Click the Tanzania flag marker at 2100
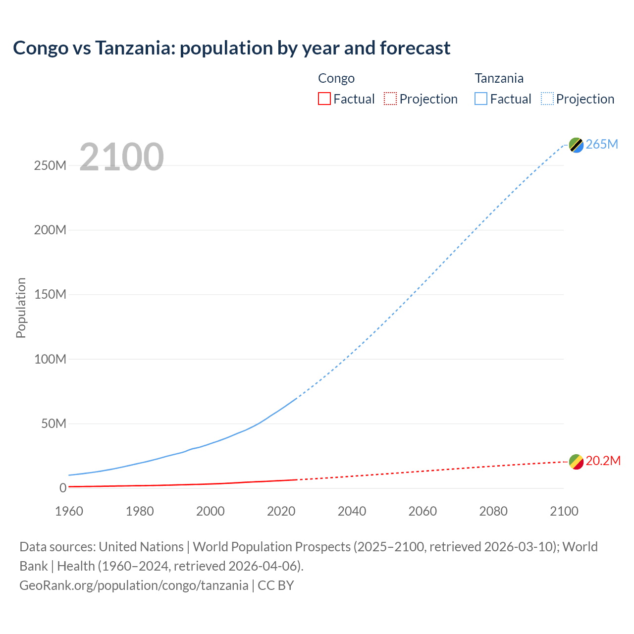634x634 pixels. (576, 145)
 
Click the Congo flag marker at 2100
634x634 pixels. (576, 462)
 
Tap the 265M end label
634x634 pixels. (602, 144)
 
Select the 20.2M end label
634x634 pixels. (603, 461)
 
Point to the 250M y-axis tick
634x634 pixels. (50, 165)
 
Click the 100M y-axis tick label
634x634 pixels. (50, 359)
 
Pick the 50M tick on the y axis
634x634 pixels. (53, 423)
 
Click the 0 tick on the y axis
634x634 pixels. (63, 488)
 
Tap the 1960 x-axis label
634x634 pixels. (69, 511)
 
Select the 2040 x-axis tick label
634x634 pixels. (352, 511)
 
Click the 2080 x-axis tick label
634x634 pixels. (493, 511)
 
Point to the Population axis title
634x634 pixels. (21, 308)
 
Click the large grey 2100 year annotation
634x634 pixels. (121, 157)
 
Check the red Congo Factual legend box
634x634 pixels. (324, 99)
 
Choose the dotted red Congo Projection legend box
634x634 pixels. (390, 99)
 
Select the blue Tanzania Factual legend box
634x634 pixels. (481, 99)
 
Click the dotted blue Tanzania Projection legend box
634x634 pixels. (547, 99)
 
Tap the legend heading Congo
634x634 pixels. (336, 78)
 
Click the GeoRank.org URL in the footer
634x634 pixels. (134, 585)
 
